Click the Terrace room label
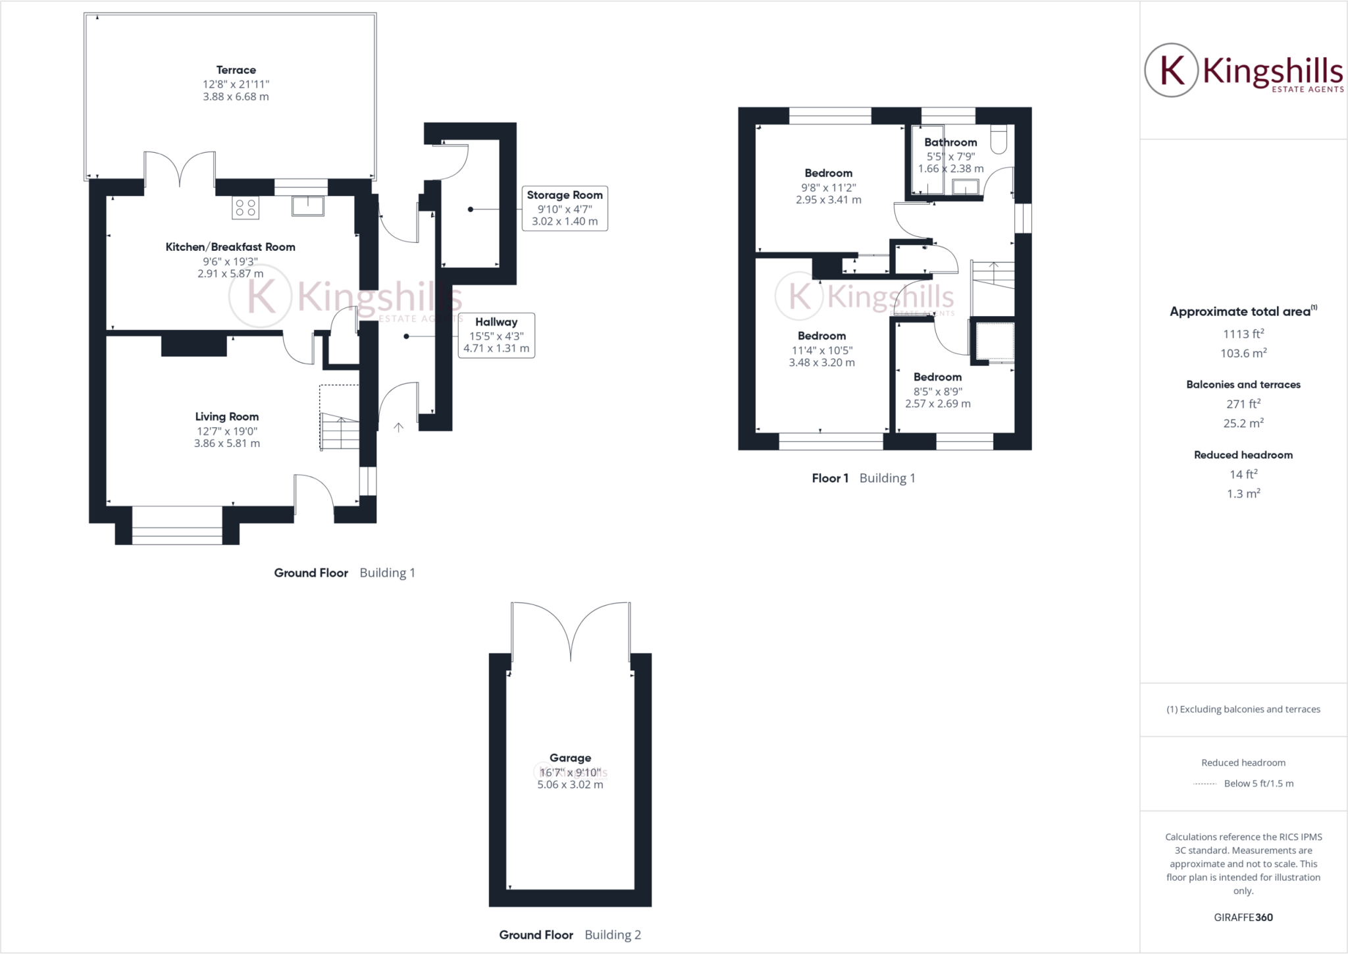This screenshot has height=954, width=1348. (236, 70)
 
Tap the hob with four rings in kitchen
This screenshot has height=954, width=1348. (246, 208)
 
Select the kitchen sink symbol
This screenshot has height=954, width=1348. (307, 206)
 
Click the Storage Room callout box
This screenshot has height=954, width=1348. (565, 208)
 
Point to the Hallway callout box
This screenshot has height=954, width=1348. (496, 335)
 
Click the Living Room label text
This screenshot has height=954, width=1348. (226, 417)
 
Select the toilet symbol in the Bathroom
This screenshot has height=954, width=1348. (998, 139)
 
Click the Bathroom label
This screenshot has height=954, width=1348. (950, 142)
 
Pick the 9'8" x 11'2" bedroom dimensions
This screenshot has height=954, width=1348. (828, 188)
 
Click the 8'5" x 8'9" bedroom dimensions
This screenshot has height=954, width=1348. (937, 391)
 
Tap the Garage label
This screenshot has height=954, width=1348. (570, 758)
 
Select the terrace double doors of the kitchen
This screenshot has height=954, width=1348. (180, 171)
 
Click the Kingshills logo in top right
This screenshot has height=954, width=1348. (1243, 70)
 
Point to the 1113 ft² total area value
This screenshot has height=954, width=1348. (1243, 334)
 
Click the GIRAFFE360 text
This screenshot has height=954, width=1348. (1243, 917)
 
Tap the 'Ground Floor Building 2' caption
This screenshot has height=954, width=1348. (570, 935)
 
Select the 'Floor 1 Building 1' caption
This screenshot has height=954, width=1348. (863, 479)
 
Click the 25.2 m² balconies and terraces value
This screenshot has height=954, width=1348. (1243, 423)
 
